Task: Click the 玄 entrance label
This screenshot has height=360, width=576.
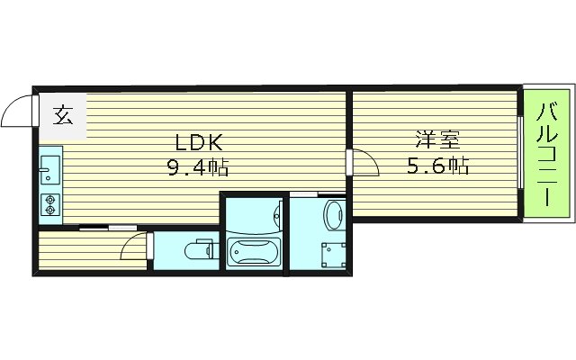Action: [62, 115]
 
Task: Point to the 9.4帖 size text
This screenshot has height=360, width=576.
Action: [196, 166]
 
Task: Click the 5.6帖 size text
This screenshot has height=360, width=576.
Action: [438, 166]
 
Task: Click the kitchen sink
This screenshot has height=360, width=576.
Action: [49, 167]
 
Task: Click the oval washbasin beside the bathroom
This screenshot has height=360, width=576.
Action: [332, 213]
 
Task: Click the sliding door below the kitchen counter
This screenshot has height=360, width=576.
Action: [99, 228]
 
